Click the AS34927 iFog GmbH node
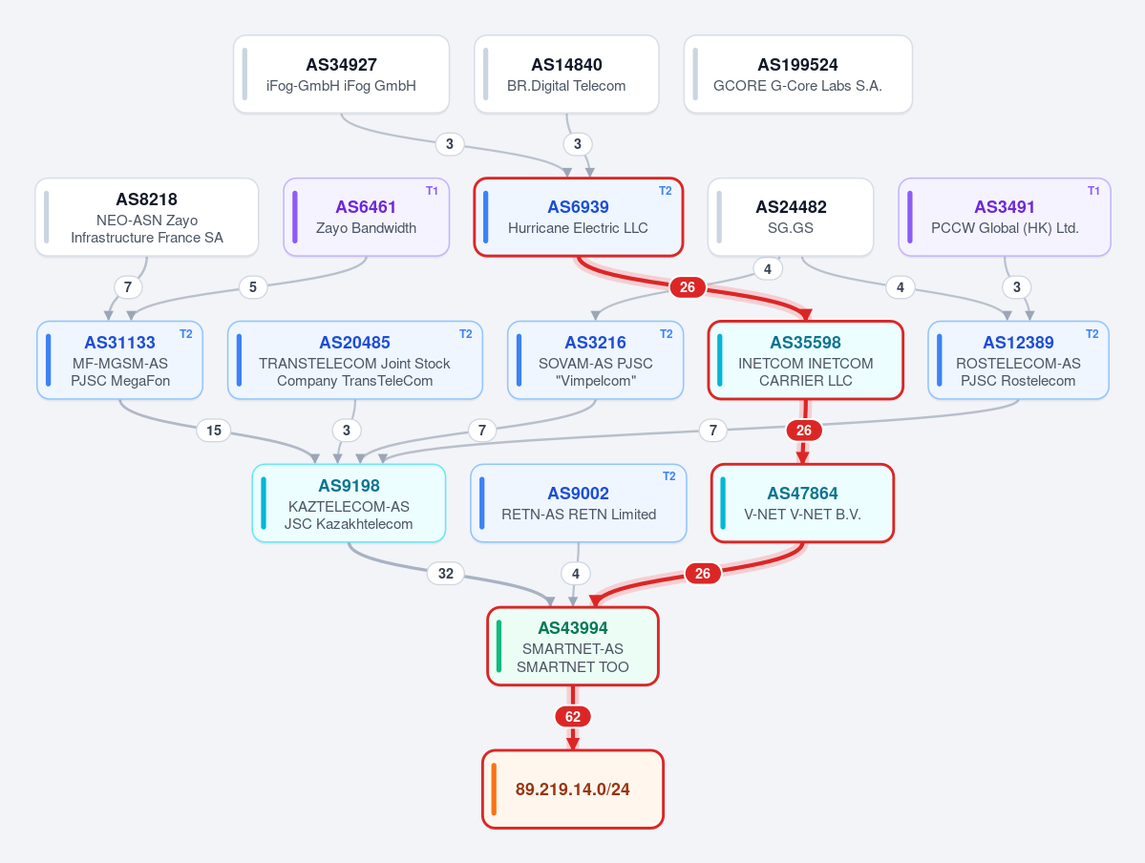point(341,74)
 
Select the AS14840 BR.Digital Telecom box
point(566,74)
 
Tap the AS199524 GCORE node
point(798,74)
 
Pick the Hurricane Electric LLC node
point(579,217)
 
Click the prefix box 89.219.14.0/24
point(573,789)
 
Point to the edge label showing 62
point(573,717)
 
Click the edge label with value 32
point(445,574)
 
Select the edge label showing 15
point(214,431)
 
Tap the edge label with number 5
point(253,287)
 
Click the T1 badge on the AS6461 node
point(433,191)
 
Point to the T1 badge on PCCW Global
point(1093,191)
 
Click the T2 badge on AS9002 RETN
point(668,476)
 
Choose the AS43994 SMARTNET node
point(573,647)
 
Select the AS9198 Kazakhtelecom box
point(350,503)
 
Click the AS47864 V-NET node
point(802,503)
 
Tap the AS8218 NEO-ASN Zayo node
point(147,217)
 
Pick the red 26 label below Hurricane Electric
point(688,287)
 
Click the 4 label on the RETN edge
point(576,574)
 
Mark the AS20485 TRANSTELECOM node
point(355,360)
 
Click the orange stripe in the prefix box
point(495,789)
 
